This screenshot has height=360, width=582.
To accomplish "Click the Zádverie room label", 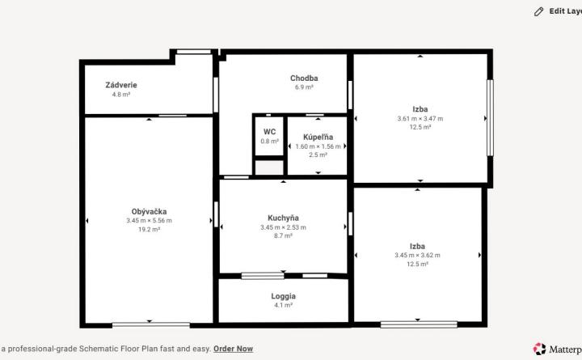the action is (x=121, y=85).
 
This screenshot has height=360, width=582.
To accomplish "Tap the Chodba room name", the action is (x=304, y=78).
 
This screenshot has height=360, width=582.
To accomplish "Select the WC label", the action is (x=269, y=132).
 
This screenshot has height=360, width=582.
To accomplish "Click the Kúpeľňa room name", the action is (x=318, y=137).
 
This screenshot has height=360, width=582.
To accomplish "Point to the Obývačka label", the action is (x=149, y=212).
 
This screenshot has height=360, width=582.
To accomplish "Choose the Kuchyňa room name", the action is (x=283, y=218).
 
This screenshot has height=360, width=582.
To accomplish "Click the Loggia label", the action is (x=283, y=296).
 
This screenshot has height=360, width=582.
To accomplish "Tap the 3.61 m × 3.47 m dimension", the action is (x=420, y=118).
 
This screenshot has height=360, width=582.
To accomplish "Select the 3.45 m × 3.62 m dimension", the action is (x=417, y=255).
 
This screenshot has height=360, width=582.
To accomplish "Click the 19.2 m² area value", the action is (x=149, y=230).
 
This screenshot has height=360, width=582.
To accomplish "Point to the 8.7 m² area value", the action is (x=283, y=235).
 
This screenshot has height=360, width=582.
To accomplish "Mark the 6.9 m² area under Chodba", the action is (x=304, y=87).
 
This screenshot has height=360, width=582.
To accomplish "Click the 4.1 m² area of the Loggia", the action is (x=283, y=305).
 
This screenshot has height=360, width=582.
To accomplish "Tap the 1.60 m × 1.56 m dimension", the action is (x=318, y=146).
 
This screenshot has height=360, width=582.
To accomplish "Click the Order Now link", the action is (x=233, y=349).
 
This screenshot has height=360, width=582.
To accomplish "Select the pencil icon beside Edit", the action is (x=538, y=12).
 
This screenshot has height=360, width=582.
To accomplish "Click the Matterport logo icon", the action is (x=540, y=349).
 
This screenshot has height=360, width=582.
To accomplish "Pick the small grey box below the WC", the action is (x=269, y=167).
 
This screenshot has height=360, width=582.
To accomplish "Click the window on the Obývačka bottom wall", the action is (x=151, y=324).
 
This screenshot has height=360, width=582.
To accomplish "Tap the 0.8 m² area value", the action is (x=269, y=142).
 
